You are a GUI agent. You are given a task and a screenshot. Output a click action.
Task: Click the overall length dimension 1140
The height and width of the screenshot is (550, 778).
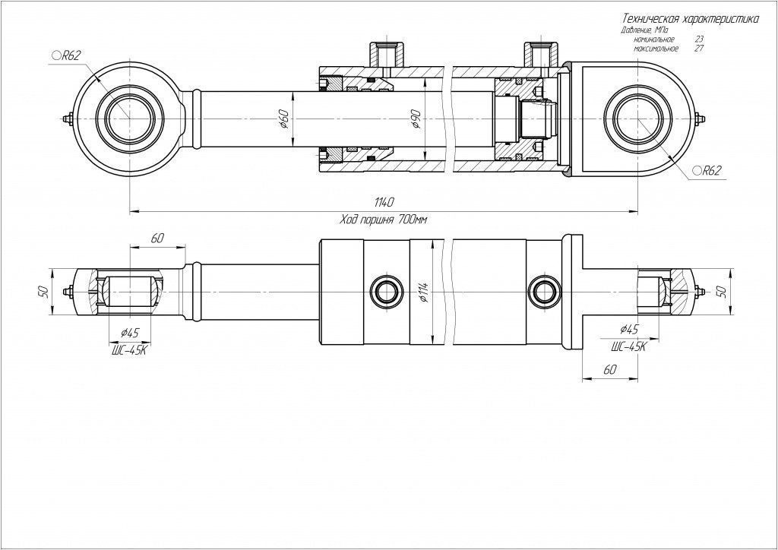tap(384, 202)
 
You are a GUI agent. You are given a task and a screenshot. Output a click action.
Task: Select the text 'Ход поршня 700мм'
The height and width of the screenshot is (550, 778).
tap(384, 220)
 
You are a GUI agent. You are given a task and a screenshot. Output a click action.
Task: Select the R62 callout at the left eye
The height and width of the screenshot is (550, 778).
tap(66, 55)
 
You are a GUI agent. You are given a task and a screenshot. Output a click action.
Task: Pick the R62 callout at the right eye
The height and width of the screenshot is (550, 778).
tap(706, 172)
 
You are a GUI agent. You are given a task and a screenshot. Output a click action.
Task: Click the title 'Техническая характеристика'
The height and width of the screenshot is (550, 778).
tap(688, 18)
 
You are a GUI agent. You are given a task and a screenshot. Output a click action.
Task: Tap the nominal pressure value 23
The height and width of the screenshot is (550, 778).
tap(698, 39)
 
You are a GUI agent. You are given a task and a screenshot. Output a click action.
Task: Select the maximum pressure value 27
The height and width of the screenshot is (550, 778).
tap(698, 48)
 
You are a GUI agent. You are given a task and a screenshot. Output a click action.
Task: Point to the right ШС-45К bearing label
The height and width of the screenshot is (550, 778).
tap(628, 346)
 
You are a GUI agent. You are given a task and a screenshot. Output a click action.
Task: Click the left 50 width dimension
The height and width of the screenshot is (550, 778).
tap(44, 290)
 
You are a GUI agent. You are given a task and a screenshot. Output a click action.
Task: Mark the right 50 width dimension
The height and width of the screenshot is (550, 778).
tap(722, 290)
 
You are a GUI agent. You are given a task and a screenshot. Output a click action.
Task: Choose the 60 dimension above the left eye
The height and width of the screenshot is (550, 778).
tap(157, 239)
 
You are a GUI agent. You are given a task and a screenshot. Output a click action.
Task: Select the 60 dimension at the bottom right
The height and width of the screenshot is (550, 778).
tap(609, 369)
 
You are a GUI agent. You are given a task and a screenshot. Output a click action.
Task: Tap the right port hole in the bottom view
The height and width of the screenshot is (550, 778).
tap(542, 289)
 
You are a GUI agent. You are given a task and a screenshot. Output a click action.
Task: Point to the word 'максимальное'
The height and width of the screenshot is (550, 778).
tap(655, 48)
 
